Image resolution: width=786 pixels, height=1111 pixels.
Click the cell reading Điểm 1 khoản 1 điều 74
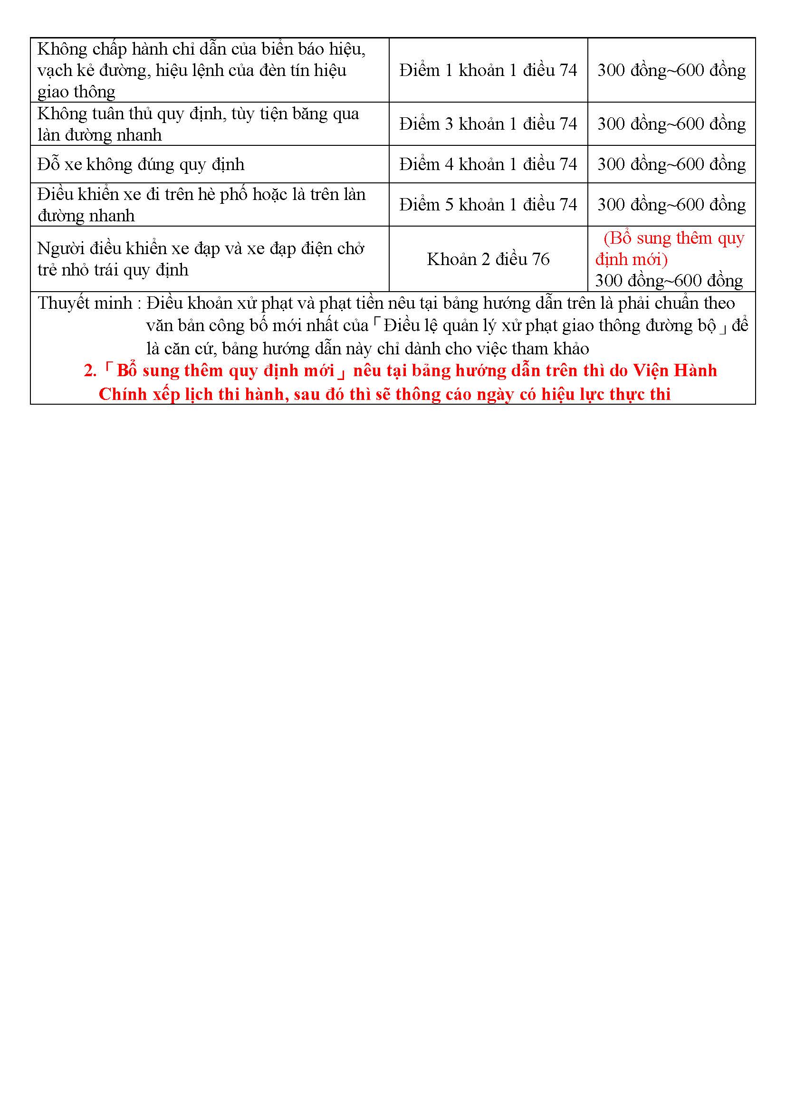point(488,71)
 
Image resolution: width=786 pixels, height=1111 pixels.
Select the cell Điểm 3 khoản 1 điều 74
point(488,124)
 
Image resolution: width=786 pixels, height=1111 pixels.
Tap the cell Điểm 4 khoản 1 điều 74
point(488,164)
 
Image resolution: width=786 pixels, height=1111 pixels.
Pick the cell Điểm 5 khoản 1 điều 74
point(488,205)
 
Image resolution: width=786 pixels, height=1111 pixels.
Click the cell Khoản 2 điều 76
point(488,259)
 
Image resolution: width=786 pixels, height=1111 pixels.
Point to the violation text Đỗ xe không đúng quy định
point(141,164)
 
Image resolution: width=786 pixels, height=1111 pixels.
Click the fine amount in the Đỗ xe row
point(671,164)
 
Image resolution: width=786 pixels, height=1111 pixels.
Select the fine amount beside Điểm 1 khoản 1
point(671,71)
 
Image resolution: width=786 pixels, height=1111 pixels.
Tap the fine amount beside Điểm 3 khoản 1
point(671,124)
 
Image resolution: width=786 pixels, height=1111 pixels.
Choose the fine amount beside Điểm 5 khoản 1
point(671,205)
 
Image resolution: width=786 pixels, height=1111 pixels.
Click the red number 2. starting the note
point(90,371)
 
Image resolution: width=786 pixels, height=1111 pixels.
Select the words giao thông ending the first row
point(77,92)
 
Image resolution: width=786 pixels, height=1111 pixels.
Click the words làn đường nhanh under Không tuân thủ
point(100,135)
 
